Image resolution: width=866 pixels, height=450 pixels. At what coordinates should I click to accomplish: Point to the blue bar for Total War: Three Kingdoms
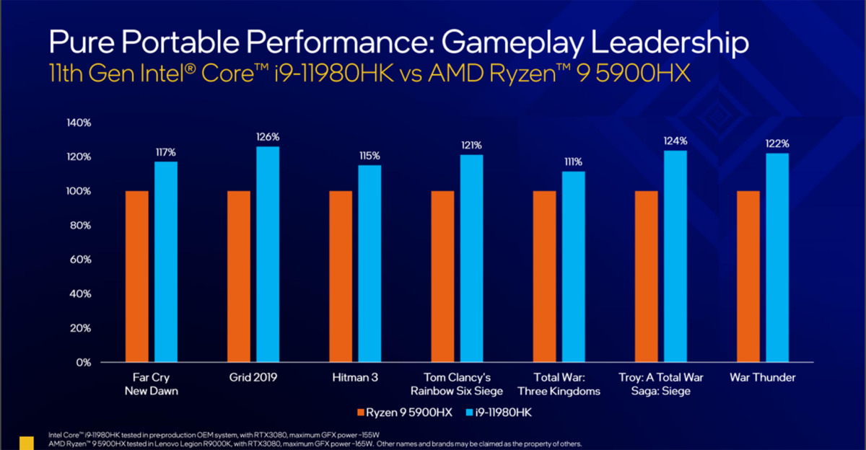pos(574,267)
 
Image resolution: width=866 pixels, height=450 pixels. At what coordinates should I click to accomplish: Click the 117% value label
pos(166,152)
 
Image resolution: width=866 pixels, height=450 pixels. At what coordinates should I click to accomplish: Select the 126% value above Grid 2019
pos(268,137)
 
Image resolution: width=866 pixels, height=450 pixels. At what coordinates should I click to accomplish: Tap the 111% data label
pos(574,162)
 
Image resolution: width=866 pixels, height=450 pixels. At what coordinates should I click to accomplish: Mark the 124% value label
pos(676,141)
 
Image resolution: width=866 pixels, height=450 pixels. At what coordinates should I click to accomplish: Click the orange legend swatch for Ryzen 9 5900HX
pos(362,412)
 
